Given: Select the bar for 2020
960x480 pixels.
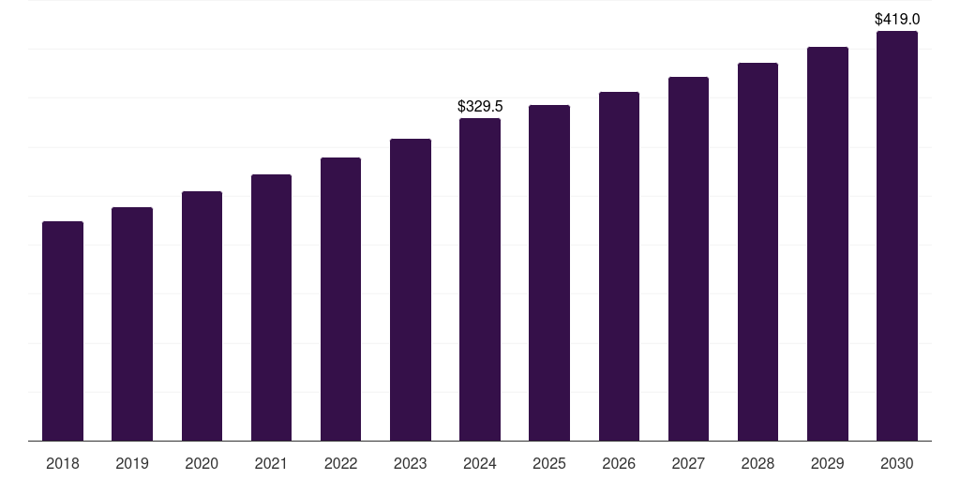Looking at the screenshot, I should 202,316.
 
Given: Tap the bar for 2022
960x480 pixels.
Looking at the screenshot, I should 340,299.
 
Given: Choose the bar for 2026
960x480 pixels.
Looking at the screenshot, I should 619,266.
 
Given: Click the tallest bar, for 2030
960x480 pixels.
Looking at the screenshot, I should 897,235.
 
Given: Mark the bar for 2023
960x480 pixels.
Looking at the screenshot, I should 411,290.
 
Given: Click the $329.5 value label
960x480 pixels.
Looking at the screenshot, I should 480,107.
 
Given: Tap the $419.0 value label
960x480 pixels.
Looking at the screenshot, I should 897,19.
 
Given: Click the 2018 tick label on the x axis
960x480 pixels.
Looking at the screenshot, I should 63,463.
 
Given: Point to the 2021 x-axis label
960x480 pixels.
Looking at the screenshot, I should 271,463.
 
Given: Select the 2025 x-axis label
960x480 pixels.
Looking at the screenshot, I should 549,463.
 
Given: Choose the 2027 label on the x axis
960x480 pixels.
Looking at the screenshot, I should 688,463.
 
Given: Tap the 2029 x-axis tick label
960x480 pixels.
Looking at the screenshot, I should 828,463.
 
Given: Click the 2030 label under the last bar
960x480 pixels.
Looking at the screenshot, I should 897,463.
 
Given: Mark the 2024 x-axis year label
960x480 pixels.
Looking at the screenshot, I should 480,463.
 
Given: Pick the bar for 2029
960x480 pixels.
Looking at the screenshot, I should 828,244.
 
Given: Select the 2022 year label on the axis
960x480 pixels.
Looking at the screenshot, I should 340,463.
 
